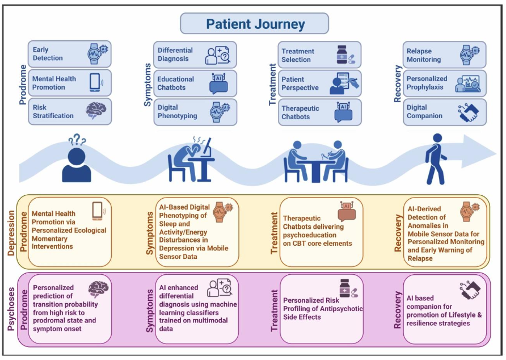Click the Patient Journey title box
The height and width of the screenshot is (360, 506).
click(255, 24)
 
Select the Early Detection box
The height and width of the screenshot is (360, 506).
click(70, 55)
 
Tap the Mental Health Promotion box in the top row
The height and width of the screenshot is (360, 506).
click(70, 83)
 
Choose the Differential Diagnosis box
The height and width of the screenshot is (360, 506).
click(195, 55)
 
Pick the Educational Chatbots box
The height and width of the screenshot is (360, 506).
click(195, 83)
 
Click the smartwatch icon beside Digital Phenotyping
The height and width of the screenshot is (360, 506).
click(218, 111)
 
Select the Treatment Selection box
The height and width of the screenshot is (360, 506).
click(319, 55)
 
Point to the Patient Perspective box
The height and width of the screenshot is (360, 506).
click(319, 83)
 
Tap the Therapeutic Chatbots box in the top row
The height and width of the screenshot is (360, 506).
click(319, 112)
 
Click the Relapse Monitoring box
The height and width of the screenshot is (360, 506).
click(444, 55)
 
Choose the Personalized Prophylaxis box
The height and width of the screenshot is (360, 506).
click(444, 83)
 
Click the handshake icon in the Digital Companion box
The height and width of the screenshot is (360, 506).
click(469, 111)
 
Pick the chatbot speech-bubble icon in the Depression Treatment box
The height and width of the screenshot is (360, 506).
click(347, 211)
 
